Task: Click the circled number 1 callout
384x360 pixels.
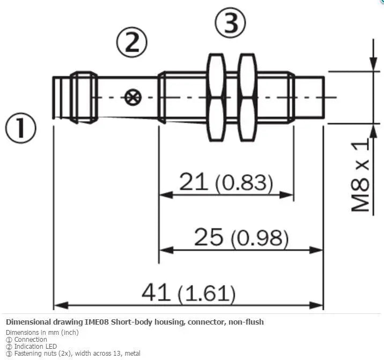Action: point(20,128)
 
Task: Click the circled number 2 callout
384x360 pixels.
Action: point(132,42)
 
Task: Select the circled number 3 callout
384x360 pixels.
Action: point(230,22)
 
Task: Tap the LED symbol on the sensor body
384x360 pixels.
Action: point(132,97)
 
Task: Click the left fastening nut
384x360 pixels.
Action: point(216,97)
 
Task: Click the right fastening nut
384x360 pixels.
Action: point(248,97)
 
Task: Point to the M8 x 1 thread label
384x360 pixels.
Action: point(360,175)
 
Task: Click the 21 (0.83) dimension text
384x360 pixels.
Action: point(226,182)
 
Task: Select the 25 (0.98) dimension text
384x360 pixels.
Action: point(241,237)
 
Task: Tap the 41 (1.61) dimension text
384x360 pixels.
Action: point(189,292)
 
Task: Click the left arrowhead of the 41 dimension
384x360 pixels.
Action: point(61,305)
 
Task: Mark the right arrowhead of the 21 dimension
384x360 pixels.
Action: point(286,195)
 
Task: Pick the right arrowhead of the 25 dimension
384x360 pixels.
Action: point(316,250)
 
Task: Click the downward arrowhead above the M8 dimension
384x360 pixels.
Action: point(373,64)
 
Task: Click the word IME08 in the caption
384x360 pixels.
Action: point(97,322)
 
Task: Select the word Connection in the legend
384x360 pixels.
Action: point(31,340)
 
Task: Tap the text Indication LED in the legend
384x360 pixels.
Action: point(35,346)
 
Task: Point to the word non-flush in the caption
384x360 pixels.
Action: point(246,322)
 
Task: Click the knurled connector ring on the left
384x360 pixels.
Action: point(84,97)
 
